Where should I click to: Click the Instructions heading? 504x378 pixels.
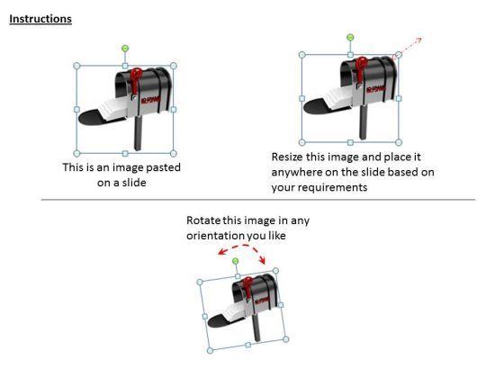pyautogui.click(x=40, y=19)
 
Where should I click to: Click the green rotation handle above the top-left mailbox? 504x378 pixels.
pyautogui.click(x=125, y=48)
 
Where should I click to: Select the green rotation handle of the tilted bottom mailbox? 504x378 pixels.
pyautogui.click(x=235, y=261)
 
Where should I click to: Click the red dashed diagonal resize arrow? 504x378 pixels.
pyautogui.click(x=410, y=45)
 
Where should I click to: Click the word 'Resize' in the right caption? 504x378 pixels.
pyautogui.click(x=288, y=157)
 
